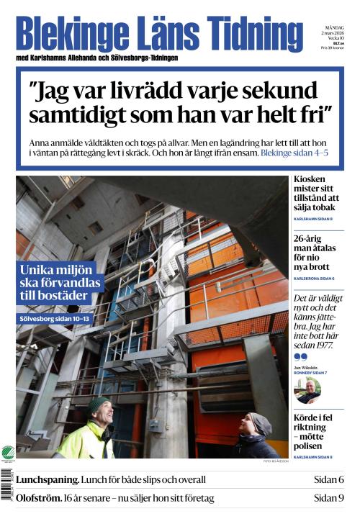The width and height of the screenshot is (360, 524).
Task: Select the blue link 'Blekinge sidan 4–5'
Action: point(294,153)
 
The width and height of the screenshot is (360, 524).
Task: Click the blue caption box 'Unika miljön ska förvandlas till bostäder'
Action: point(60,283)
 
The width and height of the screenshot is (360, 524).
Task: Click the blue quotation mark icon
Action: point(300,356)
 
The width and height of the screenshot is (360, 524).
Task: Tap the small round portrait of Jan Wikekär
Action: point(307,391)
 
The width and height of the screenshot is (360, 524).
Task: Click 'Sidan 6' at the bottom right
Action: point(328,479)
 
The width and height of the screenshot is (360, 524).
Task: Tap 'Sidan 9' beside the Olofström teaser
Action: point(328,497)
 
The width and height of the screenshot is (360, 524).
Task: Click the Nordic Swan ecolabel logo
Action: point(8,453)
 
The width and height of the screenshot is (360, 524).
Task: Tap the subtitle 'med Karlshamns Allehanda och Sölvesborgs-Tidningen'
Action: point(96,58)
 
